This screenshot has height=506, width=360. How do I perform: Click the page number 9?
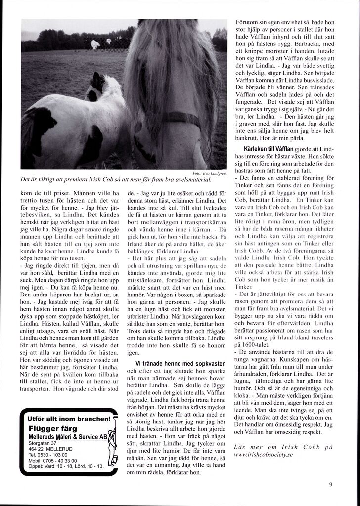pyautogui.click(x=330, y=485)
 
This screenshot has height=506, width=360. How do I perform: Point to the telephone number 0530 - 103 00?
pyautogui.click(x=48, y=454)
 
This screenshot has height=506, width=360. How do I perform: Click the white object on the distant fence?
pyautogui.click(x=95, y=44)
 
